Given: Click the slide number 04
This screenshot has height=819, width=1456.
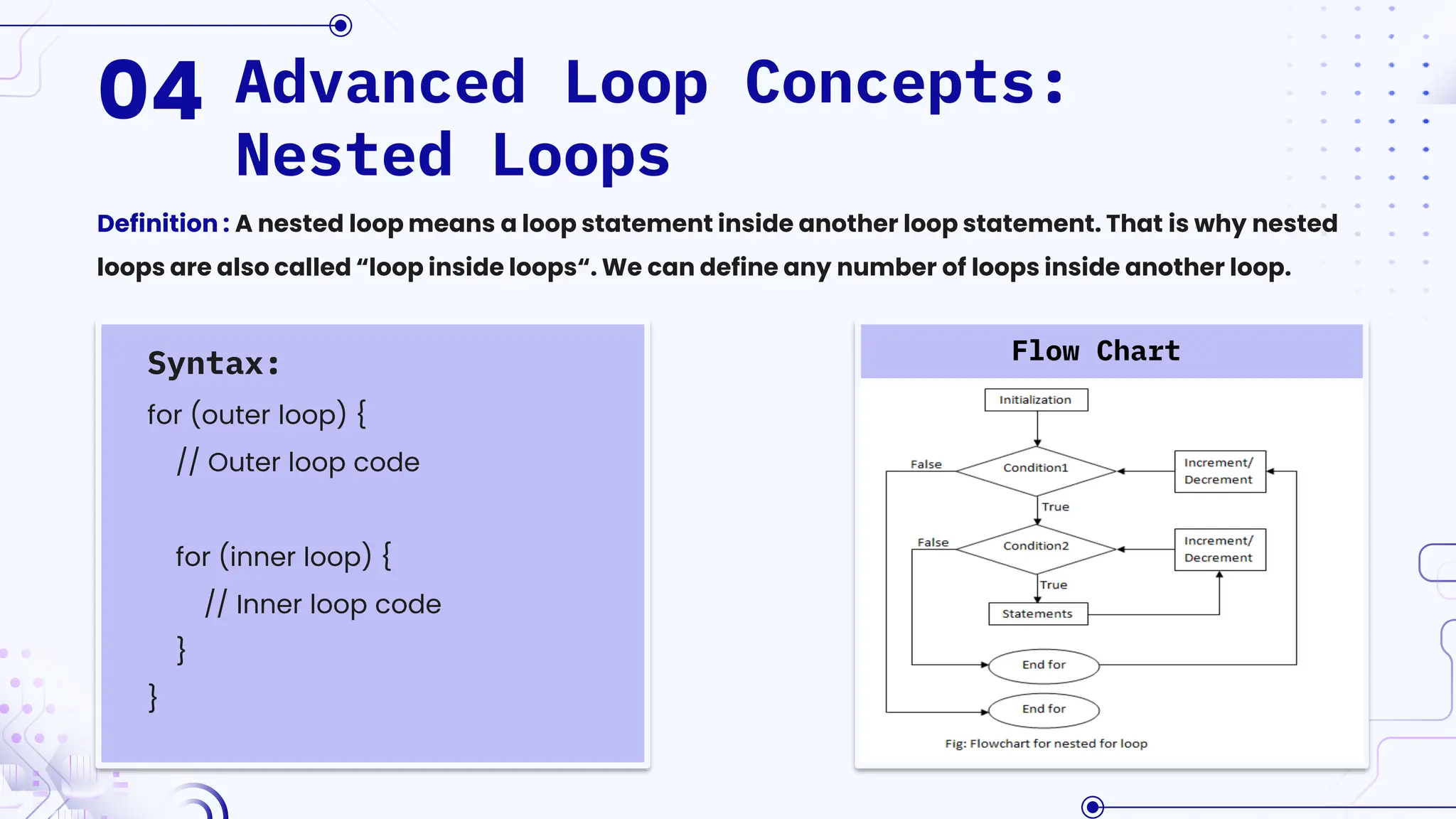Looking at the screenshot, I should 151,90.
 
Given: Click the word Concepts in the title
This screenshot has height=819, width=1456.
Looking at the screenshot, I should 889,84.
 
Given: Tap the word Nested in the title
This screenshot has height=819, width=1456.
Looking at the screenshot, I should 344,156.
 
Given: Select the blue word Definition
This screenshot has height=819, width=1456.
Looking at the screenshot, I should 157,223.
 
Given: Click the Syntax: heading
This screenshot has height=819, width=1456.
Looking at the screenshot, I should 213,363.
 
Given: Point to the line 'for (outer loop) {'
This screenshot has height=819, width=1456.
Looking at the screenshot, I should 257,414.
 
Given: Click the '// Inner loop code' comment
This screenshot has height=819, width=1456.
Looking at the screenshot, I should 323,604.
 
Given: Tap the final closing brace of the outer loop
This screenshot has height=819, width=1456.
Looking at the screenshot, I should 153,697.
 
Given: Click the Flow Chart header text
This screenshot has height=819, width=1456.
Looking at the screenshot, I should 1096,351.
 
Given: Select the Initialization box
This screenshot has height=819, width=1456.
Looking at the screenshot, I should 1036,400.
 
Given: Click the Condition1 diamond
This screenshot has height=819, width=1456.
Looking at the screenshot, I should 1036,469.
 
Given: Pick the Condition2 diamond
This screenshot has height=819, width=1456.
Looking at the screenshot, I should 1036,547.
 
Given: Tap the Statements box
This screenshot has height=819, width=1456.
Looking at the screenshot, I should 1037,614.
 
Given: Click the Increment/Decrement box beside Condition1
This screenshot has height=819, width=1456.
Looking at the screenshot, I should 1219,471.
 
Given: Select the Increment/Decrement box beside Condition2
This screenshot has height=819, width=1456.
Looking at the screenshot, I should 1219,550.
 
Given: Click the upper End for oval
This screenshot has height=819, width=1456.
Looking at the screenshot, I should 1044,665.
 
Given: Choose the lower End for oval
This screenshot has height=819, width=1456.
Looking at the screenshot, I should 1044,710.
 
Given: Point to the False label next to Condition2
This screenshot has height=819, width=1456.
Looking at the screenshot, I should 933,542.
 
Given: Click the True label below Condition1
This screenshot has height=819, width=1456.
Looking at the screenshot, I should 1056,507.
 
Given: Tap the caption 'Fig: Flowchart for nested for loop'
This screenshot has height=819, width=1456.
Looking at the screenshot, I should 1046,744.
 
